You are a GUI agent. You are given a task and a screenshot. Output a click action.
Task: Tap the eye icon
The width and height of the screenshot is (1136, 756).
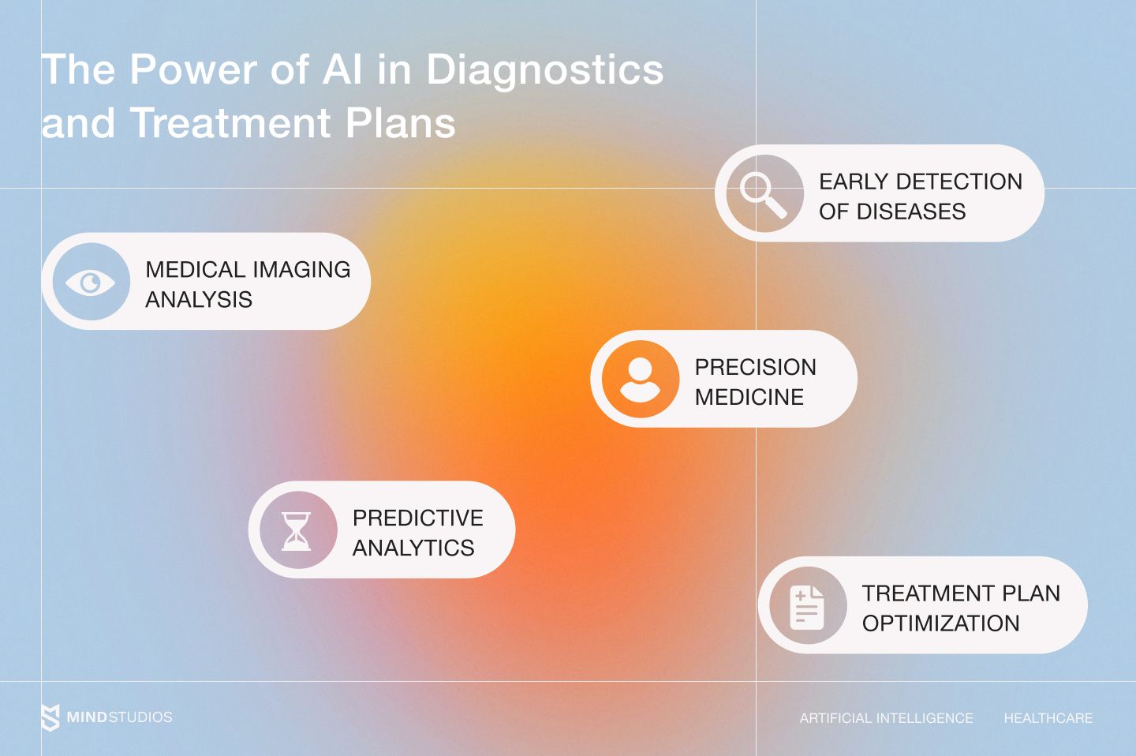91,283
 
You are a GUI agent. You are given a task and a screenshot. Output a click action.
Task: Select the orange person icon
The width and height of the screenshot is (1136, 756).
641,379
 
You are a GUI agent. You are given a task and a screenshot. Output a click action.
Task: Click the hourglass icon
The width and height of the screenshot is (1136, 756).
296,531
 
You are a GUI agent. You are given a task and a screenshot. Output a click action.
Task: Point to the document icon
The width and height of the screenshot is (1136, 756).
807,608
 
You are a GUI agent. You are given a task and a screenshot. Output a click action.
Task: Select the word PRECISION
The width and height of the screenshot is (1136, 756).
756,367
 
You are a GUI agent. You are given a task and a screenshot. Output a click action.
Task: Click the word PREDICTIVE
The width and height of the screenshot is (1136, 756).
418,518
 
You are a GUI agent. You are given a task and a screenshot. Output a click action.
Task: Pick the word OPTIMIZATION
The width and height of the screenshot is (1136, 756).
940,623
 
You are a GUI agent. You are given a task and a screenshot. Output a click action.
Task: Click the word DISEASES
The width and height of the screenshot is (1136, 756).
911,211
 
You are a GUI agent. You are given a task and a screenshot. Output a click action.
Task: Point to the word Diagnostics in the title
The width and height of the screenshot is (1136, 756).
544,71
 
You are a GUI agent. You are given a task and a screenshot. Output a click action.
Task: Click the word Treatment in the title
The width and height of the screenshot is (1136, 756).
230,122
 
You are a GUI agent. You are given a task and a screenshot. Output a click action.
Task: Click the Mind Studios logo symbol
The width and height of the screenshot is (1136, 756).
50,717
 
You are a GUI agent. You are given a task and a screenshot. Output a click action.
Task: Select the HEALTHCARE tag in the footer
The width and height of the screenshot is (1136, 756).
1048,718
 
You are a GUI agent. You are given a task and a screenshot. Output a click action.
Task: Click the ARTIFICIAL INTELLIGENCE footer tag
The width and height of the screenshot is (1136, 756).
887,718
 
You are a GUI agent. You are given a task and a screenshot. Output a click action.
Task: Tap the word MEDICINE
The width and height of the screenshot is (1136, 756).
749,397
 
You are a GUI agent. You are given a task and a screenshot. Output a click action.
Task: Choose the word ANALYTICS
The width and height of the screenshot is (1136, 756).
413,548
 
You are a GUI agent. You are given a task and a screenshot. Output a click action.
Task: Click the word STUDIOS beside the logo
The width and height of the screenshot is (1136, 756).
140,717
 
